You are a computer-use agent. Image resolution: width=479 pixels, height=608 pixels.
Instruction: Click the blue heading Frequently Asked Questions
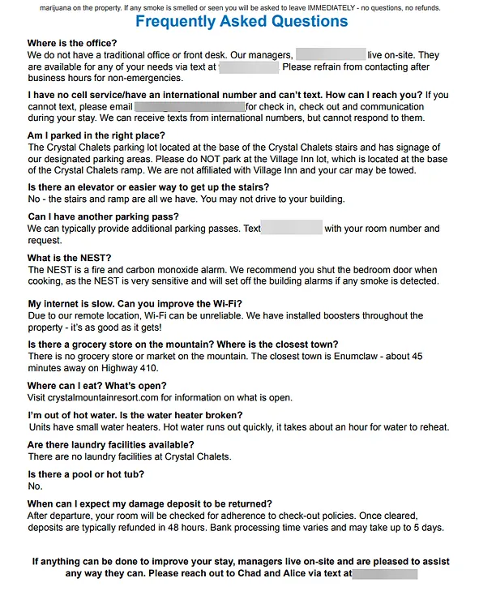pos(242,22)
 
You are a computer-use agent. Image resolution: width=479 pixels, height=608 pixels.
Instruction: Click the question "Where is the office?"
pos(72,43)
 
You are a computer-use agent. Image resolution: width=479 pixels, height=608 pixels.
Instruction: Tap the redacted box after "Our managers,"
pos(331,55)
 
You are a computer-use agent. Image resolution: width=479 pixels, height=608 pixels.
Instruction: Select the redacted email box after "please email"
pos(190,106)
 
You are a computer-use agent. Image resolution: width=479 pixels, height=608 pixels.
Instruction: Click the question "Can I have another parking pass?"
pos(103,216)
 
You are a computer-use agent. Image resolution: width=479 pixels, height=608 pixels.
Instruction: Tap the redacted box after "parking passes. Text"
pos(293,229)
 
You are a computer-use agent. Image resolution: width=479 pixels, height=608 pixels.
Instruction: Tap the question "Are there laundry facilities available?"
pos(111,444)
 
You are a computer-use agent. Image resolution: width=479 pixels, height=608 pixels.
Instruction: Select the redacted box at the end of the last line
pos(385,574)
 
